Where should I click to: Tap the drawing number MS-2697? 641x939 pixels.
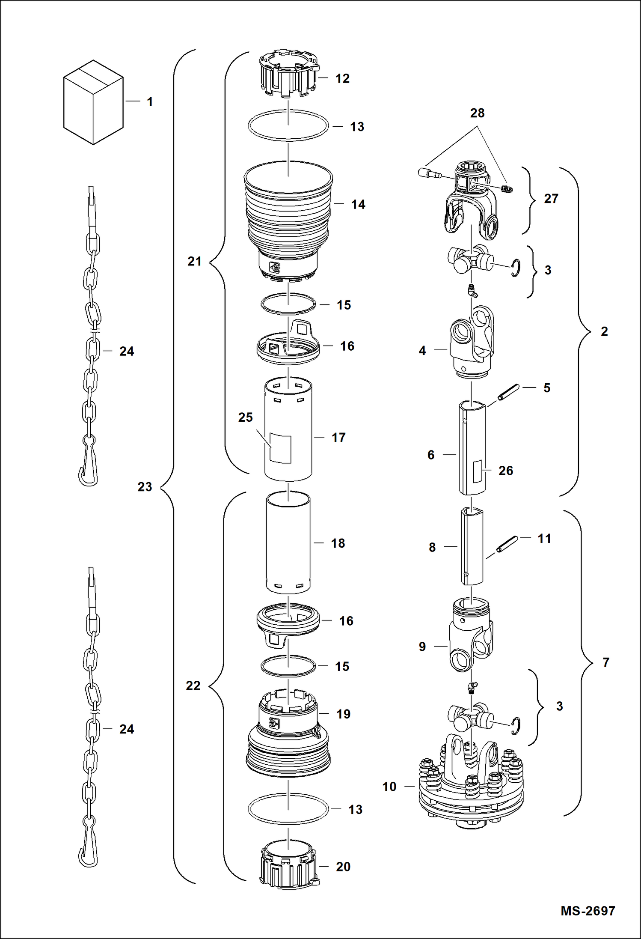click(x=588, y=910)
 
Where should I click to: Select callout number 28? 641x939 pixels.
click(x=477, y=113)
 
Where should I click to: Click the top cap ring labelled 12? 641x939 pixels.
click(x=288, y=77)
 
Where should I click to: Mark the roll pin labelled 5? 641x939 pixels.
click(x=508, y=393)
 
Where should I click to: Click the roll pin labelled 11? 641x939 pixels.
click(x=507, y=544)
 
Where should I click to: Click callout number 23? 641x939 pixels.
click(x=145, y=487)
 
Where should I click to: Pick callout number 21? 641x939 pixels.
click(x=194, y=261)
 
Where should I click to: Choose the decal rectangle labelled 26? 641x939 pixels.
click(x=477, y=472)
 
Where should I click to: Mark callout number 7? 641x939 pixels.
click(x=605, y=662)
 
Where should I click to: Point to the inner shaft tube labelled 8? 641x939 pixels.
click(x=472, y=547)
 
